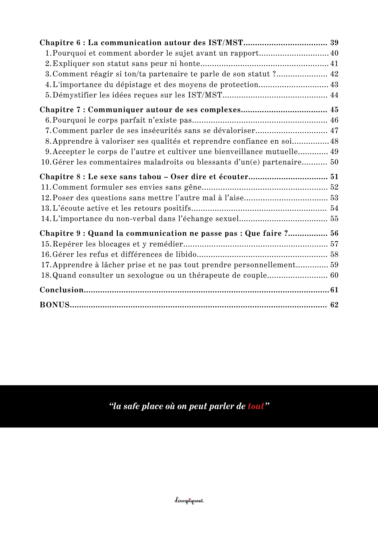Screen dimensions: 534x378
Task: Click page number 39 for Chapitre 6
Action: pos(334,43)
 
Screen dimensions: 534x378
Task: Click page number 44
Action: pos(334,95)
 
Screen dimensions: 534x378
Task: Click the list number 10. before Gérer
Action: pos(46,162)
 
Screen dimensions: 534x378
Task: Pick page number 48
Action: pos(334,141)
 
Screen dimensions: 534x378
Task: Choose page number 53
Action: pos(334,198)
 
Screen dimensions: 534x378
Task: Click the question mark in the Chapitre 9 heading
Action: pos(286,234)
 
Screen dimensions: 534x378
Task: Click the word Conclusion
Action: pos(61,290)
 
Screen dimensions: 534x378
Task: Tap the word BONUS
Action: pos(55,305)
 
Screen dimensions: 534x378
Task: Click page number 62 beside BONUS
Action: pos(334,305)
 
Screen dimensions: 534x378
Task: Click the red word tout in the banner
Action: pos(256,406)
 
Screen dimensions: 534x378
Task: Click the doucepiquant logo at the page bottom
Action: pos(189,501)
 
